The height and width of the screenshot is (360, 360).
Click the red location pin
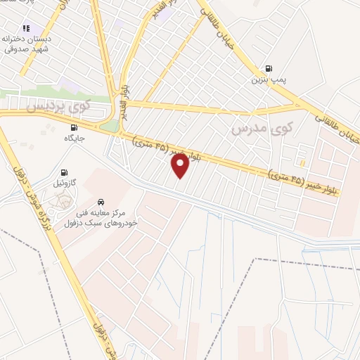(x=180, y=166)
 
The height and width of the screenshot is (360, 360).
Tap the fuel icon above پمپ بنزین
(x=269, y=69)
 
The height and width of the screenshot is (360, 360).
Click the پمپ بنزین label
(x=269, y=80)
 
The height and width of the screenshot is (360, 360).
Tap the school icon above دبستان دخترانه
(x=26, y=29)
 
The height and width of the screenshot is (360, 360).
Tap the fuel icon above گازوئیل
(x=65, y=172)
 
